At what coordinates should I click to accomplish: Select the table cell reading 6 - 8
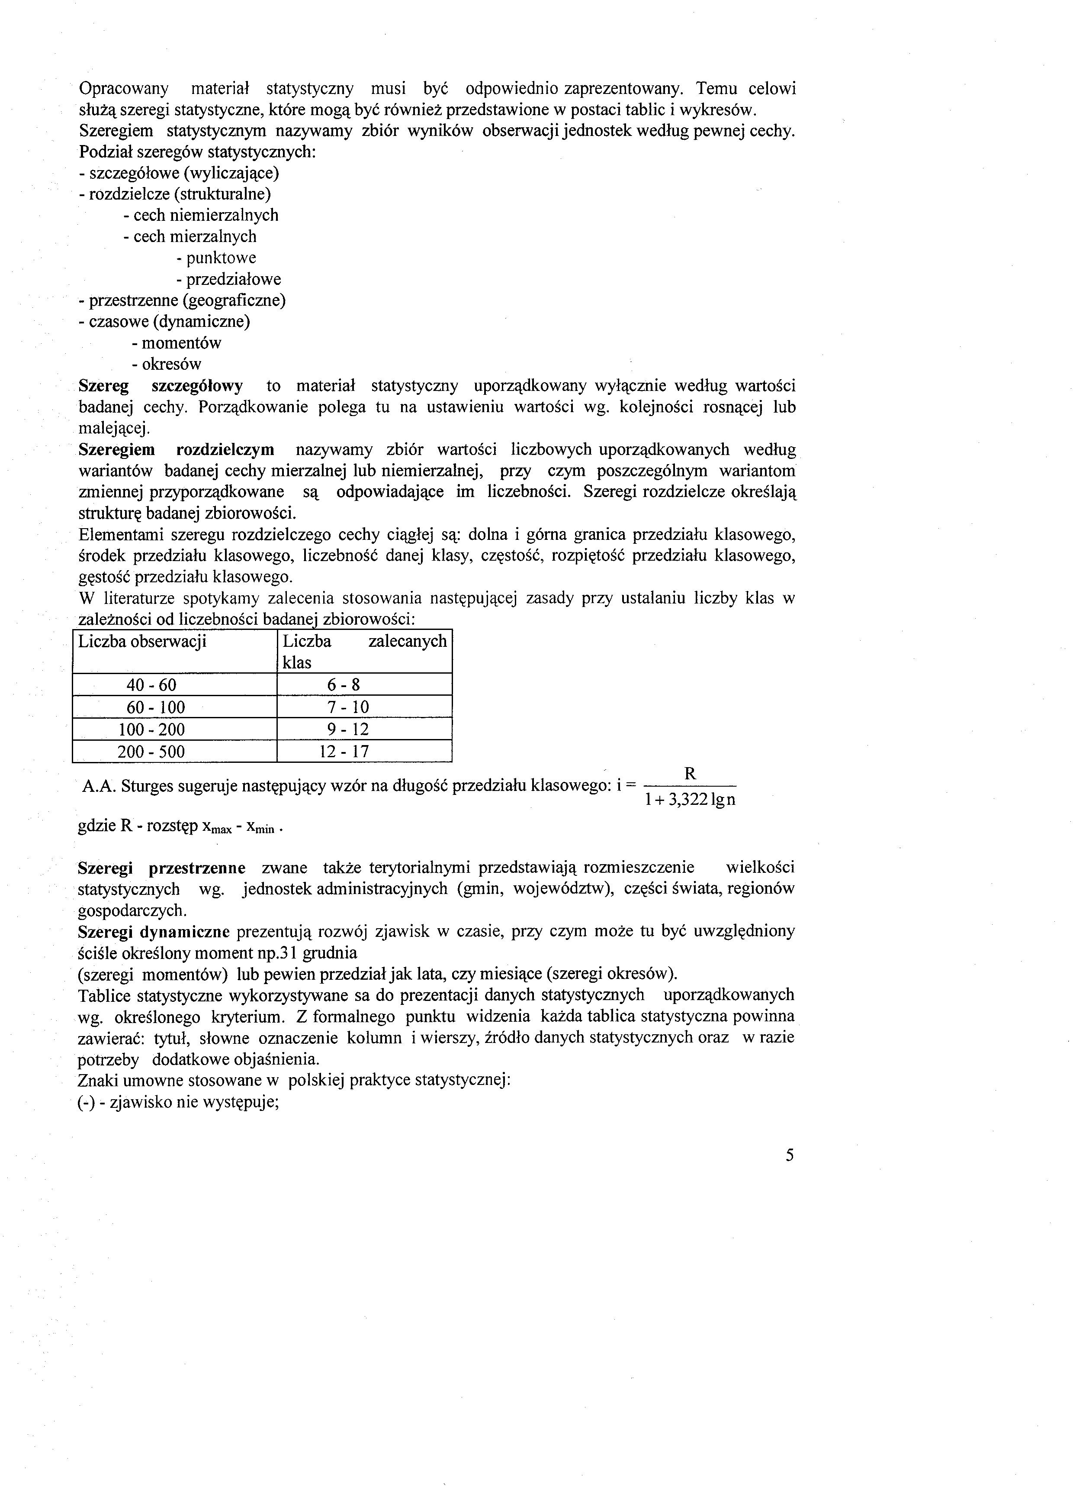[x=344, y=685]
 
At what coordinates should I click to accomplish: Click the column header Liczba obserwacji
[x=142, y=641]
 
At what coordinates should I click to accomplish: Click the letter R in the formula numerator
[x=690, y=774]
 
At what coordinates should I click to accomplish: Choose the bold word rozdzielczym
[x=225, y=450]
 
